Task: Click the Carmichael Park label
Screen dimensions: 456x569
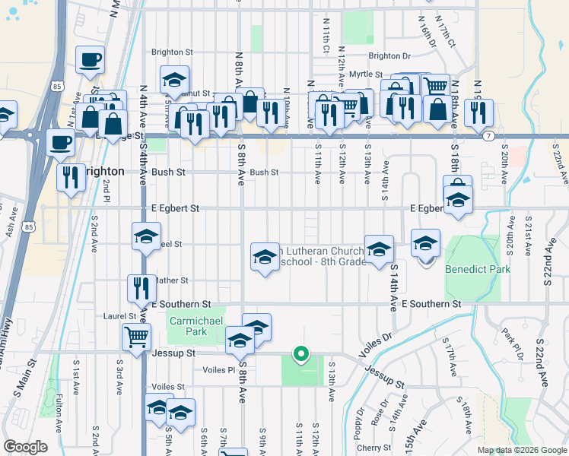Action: (x=187, y=326)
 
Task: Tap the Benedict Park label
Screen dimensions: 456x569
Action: (x=477, y=269)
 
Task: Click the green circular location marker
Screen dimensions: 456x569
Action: (x=301, y=353)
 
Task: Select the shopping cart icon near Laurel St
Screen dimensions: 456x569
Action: (x=136, y=335)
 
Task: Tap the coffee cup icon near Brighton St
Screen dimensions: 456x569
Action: (x=90, y=60)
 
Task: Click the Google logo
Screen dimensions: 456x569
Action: (x=25, y=447)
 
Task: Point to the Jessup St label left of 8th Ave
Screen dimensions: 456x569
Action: (x=175, y=353)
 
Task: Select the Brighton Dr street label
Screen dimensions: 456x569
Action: (x=389, y=55)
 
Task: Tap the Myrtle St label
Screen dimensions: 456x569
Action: (x=366, y=74)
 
